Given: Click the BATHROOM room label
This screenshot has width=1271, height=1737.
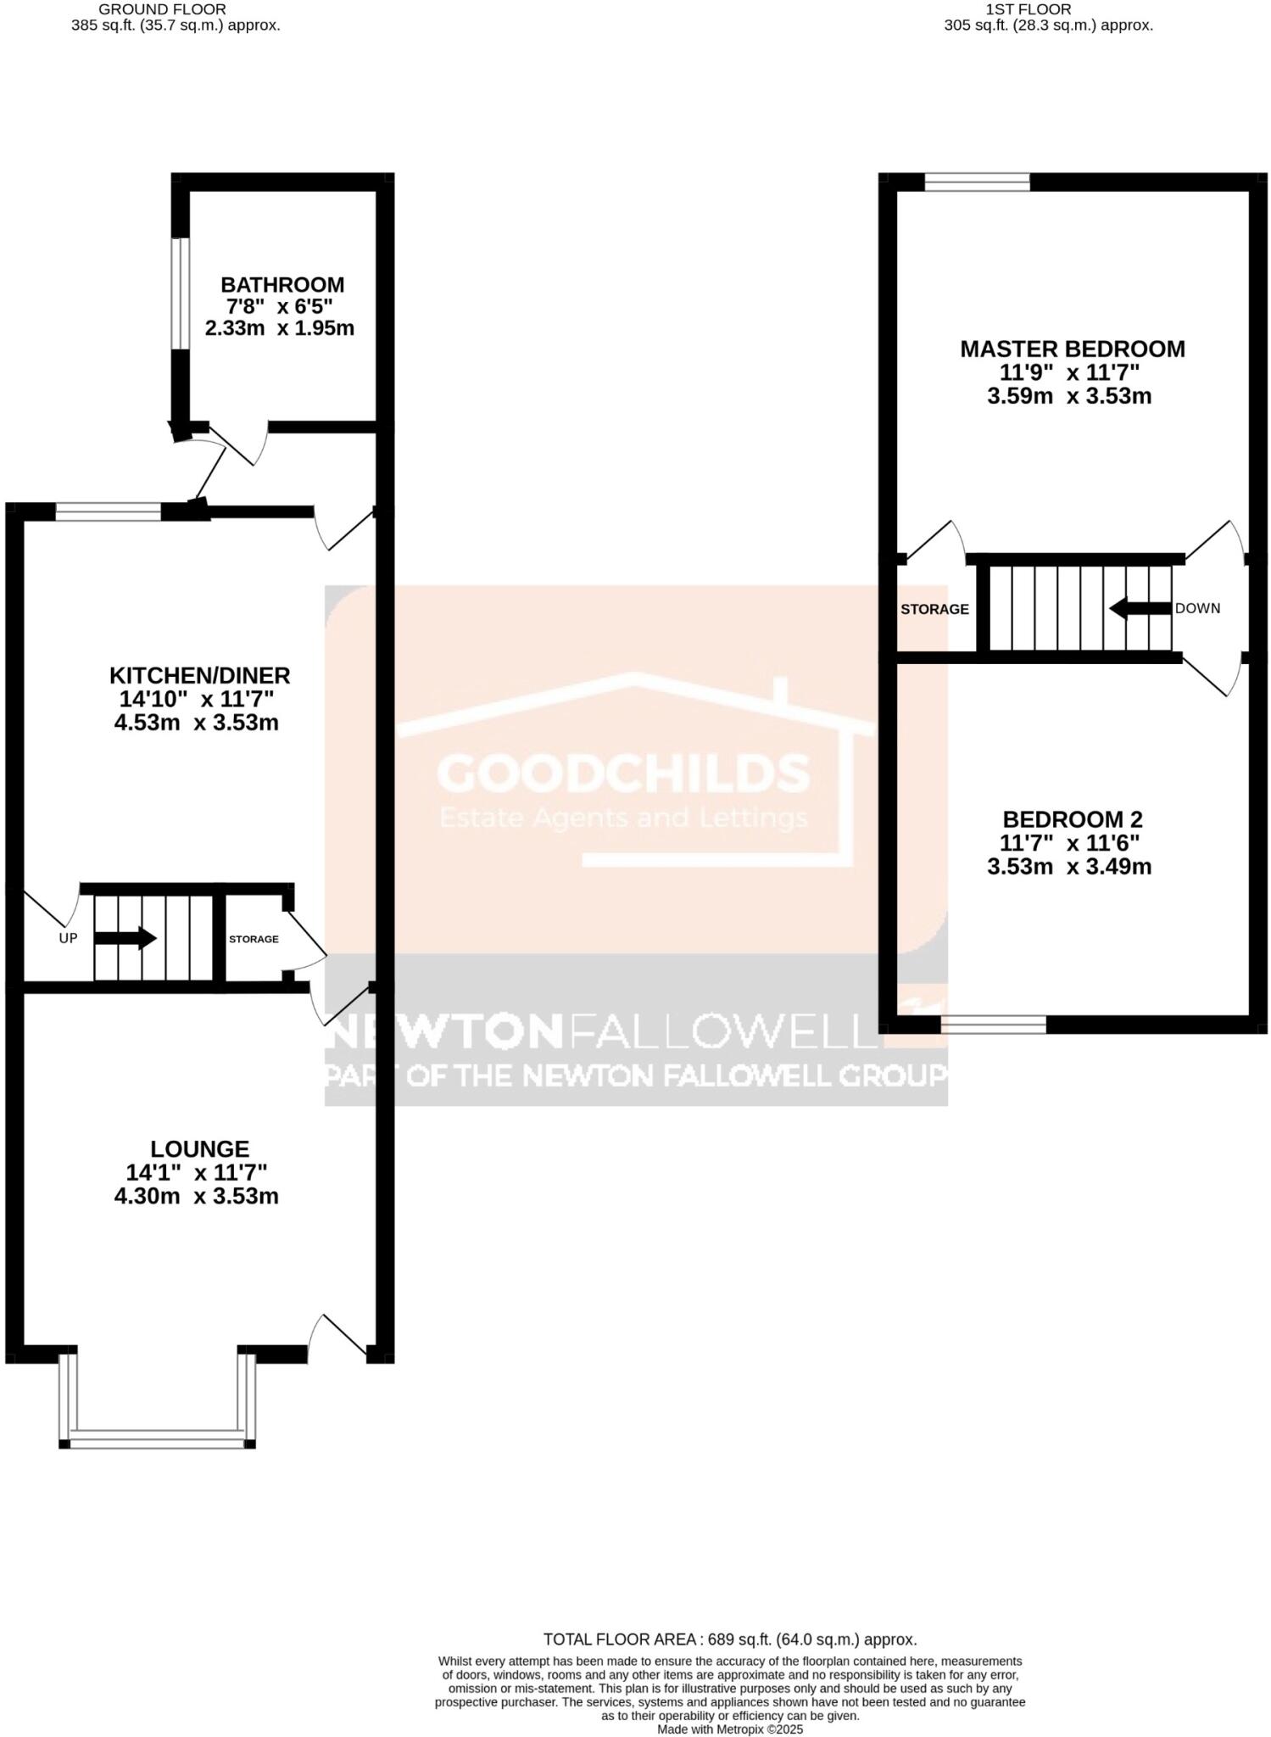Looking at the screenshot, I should [282, 285].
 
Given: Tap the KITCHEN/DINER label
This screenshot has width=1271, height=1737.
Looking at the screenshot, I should [199, 675].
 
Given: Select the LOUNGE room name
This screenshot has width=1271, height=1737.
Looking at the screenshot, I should [200, 1148].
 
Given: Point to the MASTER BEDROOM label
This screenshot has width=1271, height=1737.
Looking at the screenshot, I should [1072, 349].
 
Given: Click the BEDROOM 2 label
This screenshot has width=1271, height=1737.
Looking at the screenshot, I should [1072, 819].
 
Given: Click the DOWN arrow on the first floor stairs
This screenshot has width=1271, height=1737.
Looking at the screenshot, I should [1140, 607].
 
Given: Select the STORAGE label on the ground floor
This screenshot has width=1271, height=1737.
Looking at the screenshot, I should [254, 939].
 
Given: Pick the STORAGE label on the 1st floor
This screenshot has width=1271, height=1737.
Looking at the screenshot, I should [934, 609].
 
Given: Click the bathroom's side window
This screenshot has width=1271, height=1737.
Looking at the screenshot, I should [179, 293].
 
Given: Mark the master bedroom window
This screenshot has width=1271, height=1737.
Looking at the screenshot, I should [977, 182].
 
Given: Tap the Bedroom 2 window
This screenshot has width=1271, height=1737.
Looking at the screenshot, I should [993, 1025].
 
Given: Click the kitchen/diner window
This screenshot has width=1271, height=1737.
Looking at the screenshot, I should [108, 511].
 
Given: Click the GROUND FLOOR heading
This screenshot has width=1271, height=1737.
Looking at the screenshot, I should [162, 9].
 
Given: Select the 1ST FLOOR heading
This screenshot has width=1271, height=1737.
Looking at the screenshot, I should [1028, 9].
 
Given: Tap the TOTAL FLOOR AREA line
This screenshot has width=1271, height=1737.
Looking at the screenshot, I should [729, 1639].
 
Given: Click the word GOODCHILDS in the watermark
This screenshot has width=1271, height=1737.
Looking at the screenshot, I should [623, 773].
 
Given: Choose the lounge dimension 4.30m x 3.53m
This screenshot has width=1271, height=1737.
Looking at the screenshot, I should [197, 1196].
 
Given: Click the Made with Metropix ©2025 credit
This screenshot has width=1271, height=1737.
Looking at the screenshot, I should [729, 1729].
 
